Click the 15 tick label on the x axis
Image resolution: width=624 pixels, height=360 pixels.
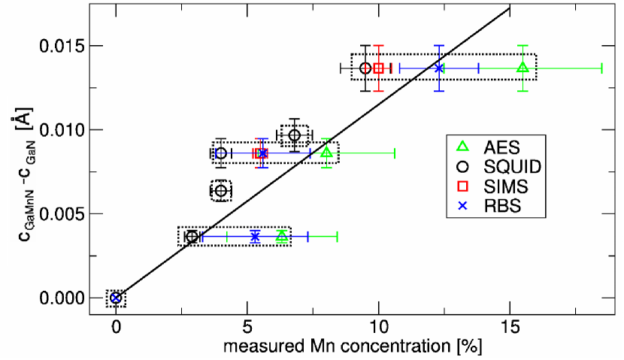click(510, 328)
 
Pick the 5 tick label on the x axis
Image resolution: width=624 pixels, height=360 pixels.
click(247, 328)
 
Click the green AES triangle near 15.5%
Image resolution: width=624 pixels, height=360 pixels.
click(523, 68)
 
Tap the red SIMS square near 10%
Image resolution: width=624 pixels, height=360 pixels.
click(379, 68)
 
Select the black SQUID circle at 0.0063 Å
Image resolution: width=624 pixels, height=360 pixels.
click(220, 191)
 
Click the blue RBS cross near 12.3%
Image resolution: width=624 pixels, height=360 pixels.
click(439, 68)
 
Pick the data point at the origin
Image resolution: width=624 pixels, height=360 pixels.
click(115, 298)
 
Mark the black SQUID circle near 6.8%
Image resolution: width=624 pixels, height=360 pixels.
click(295, 135)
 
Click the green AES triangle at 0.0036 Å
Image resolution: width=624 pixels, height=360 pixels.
click(281, 236)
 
